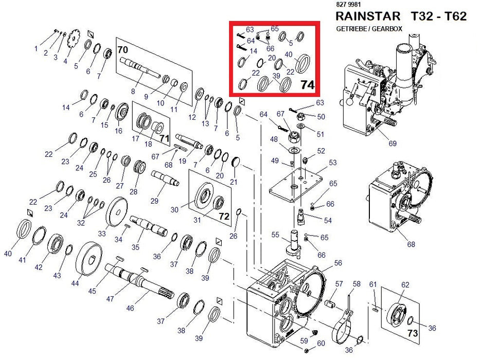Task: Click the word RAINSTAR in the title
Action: point(368,16)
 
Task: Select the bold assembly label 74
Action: point(307,85)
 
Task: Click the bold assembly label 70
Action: point(122,50)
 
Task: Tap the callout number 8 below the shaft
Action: point(133,92)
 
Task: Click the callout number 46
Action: point(130,308)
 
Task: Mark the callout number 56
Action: point(338,263)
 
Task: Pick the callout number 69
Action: point(393,143)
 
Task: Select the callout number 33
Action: point(101,233)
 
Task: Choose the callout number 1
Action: point(36,48)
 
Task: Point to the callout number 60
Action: point(322,344)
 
